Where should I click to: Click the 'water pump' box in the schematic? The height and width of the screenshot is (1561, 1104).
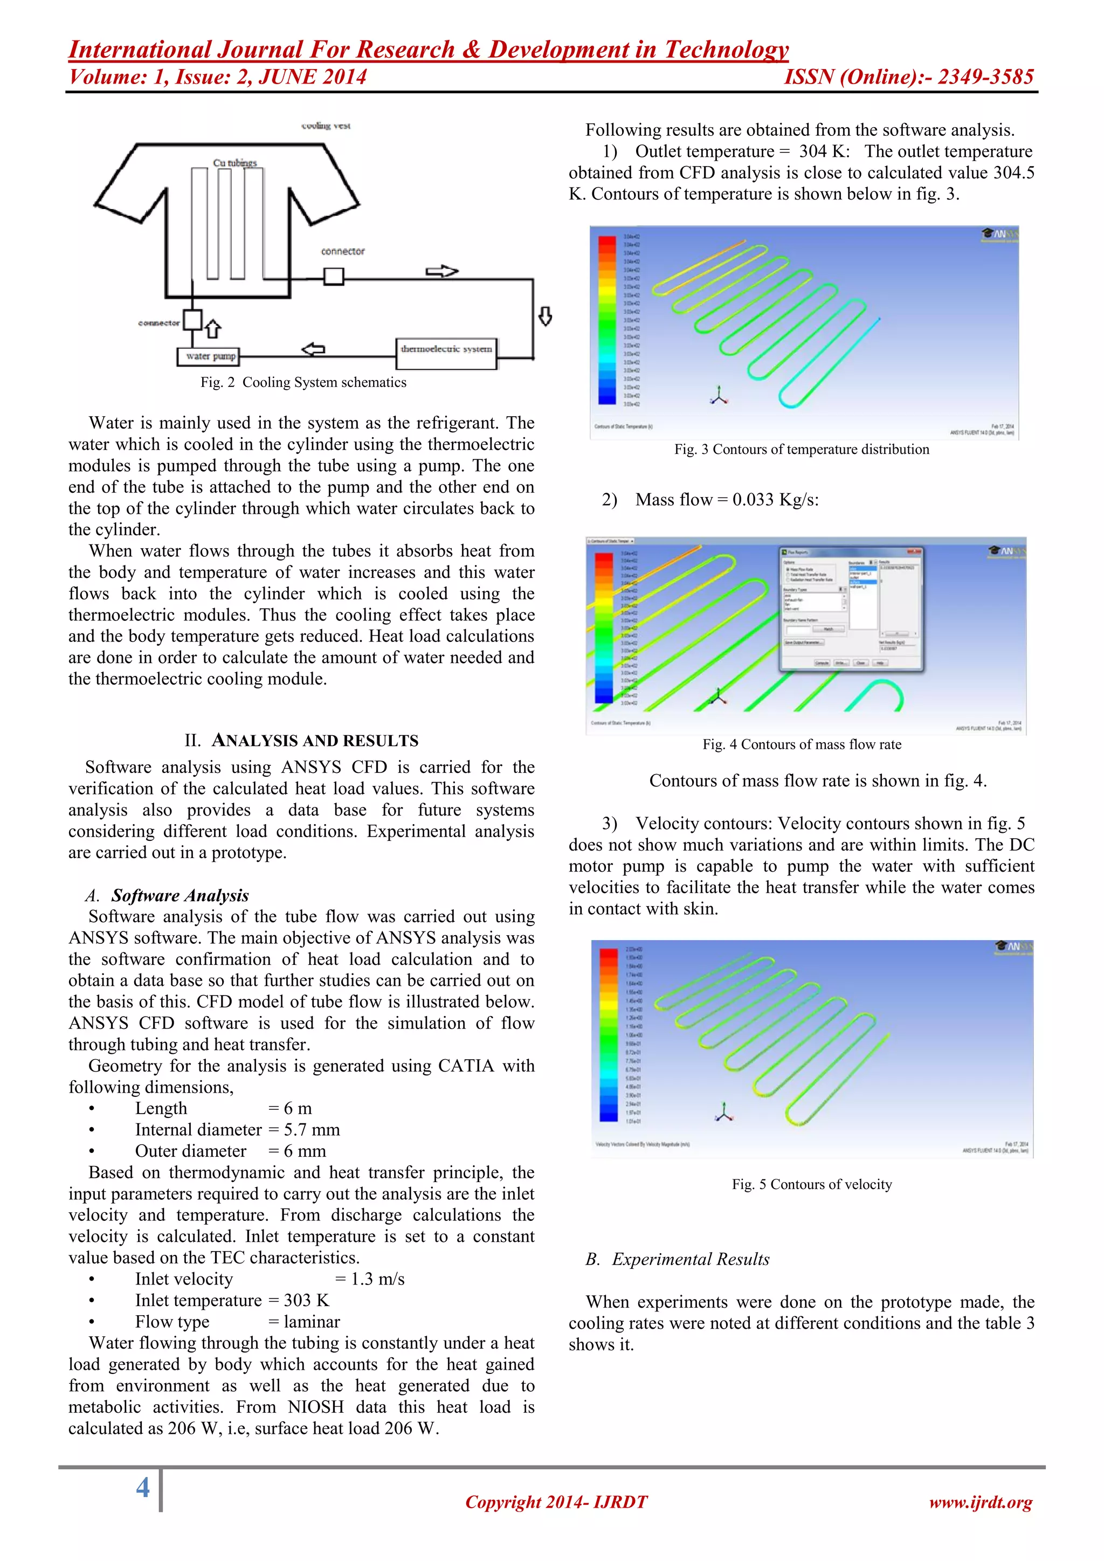(x=209, y=356)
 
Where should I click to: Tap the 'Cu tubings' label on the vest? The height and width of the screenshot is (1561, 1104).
(x=234, y=163)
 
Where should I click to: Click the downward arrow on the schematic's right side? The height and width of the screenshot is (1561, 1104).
(x=545, y=316)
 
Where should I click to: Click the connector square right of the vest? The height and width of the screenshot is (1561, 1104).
(x=333, y=277)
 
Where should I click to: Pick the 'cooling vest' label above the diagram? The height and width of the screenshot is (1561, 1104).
(x=326, y=126)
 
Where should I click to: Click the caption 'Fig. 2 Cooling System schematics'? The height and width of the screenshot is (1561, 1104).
(x=303, y=383)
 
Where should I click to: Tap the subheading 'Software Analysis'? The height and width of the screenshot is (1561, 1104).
(x=180, y=895)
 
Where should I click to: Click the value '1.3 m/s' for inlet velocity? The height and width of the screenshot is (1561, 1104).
(x=377, y=1279)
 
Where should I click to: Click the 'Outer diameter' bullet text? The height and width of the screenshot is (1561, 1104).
(x=190, y=1151)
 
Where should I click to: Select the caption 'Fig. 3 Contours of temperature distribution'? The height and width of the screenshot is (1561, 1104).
(x=802, y=450)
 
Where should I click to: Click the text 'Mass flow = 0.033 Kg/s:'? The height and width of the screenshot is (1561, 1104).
(x=727, y=500)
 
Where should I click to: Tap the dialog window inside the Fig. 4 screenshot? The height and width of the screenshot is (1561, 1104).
(x=851, y=609)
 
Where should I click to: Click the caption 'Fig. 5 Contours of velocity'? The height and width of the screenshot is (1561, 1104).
(x=812, y=1184)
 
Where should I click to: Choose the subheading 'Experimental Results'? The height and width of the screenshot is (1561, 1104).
(x=690, y=1259)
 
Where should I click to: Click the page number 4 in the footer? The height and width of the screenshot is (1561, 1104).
(x=143, y=1488)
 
